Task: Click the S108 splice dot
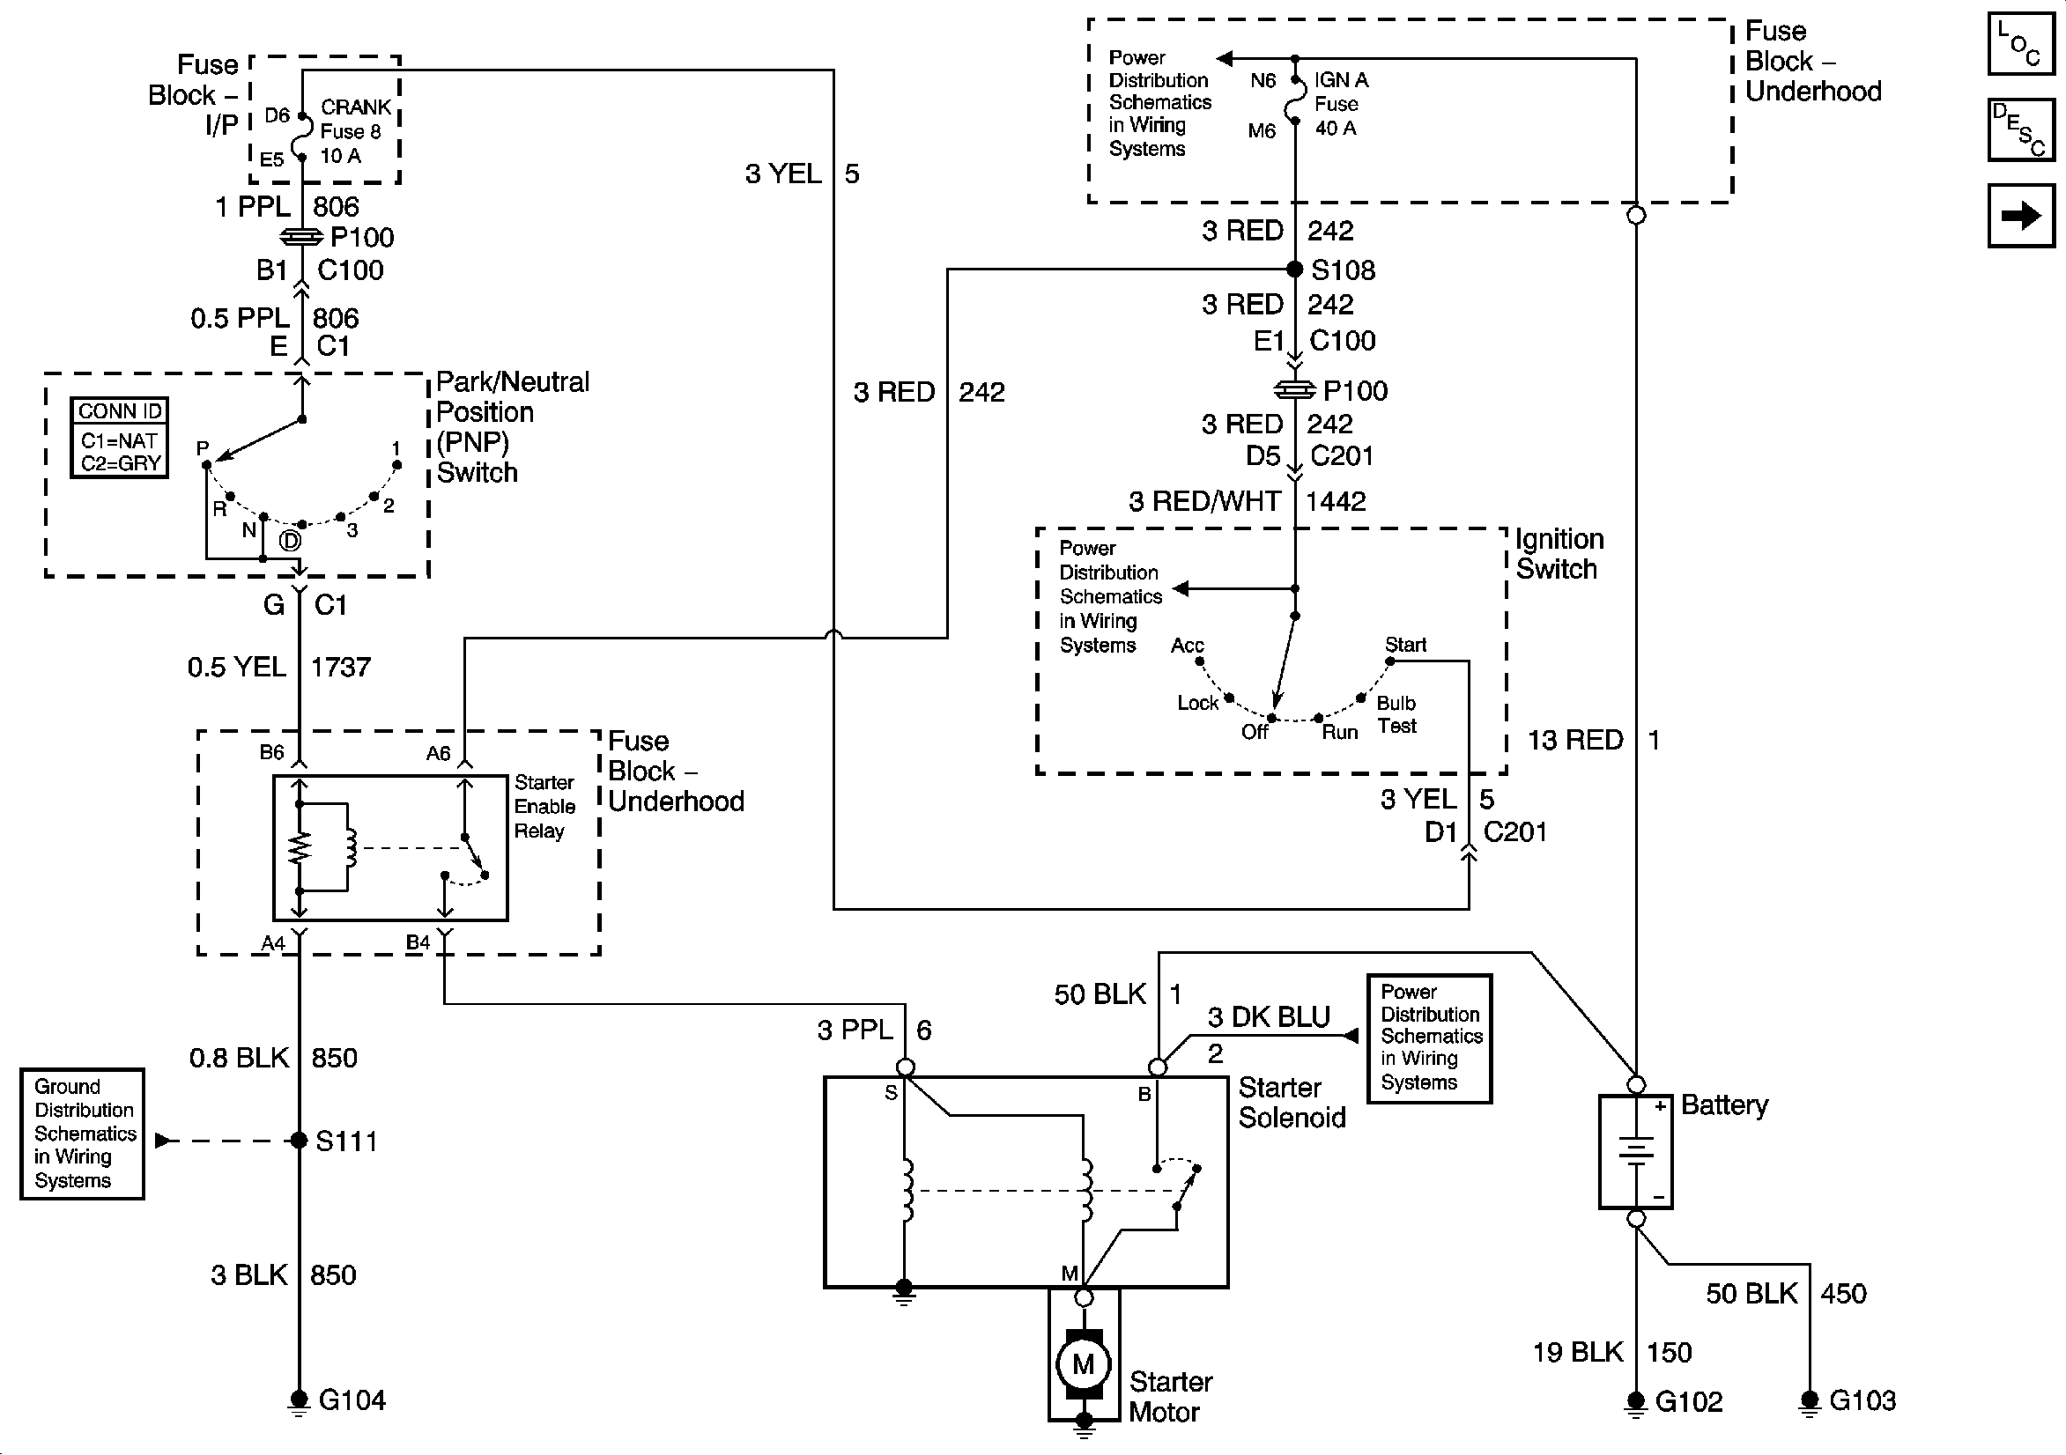coord(1294,269)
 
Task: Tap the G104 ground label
coord(352,1400)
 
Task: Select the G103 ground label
coord(1862,1400)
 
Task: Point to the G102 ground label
coord(1688,1401)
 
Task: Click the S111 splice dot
coord(300,1141)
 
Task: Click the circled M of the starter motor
coord(1084,1364)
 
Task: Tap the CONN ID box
coord(120,438)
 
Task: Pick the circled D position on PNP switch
coord(290,541)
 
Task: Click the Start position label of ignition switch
coord(1405,644)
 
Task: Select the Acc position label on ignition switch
coord(1187,646)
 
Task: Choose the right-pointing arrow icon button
coord(2021,216)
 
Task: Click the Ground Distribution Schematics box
coord(83,1134)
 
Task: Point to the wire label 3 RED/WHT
coord(1205,501)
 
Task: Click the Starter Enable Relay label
coord(544,806)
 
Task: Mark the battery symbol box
coord(1636,1152)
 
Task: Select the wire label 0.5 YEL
coord(237,667)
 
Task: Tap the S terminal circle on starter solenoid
coord(905,1067)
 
